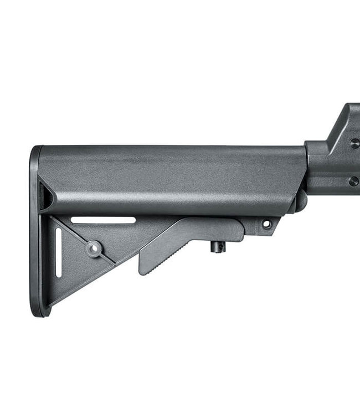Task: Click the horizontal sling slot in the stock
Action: click(x=102, y=220)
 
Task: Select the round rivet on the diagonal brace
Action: click(x=94, y=248)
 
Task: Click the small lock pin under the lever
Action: click(x=217, y=247)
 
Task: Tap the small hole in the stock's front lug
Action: click(x=266, y=224)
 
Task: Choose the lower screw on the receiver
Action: click(x=353, y=181)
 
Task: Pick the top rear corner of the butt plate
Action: click(x=37, y=149)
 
